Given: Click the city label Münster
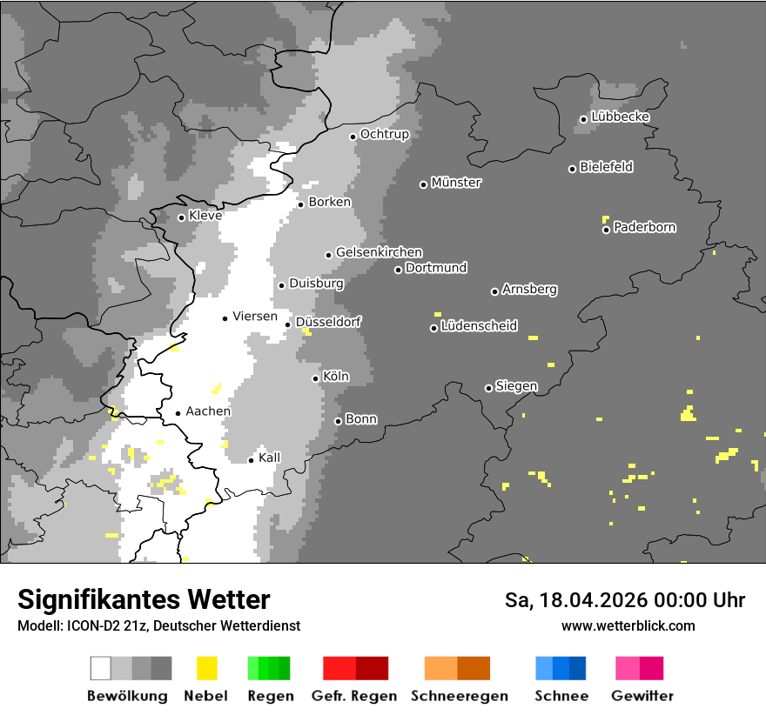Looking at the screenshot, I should click(x=456, y=183).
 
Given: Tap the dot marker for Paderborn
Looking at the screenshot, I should click(x=606, y=230).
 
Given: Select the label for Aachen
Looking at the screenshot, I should click(x=208, y=411).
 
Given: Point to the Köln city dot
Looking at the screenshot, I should click(x=315, y=378).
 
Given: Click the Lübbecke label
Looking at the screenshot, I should click(x=620, y=117).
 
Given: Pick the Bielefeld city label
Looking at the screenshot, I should click(x=606, y=167).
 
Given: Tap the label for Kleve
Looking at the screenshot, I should click(x=205, y=215).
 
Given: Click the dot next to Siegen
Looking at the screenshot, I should click(x=488, y=388).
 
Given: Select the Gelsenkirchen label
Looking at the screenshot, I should click(x=379, y=252).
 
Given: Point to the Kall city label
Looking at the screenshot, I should click(x=270, y=458).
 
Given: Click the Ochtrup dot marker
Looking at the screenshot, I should click(x=353, y=137).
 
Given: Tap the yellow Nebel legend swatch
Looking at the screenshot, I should click(x=206, y=668).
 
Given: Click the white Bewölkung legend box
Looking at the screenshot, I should click(x=100, y=668).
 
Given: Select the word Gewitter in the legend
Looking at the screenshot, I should click(x=642, y=696).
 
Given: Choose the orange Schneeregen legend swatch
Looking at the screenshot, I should click(x=440, y=668).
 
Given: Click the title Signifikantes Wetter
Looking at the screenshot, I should click(x=144, y=599).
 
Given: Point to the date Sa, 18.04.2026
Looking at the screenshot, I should click(x=574, y=600).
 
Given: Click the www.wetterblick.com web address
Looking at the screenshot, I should click(x=628, y=625).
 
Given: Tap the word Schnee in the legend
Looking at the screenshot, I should click(x=561, y=696).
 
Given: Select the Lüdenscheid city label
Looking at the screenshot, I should click(x=479, y=326).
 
